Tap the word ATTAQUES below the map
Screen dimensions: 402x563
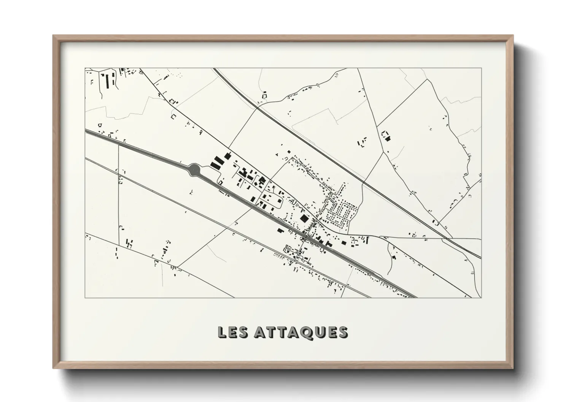click(x=300, y=332)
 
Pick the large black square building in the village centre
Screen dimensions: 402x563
click(x=304, y=218)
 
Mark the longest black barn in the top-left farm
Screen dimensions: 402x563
click(x=107, y=81)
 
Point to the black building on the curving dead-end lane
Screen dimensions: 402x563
click(x=394, y=258)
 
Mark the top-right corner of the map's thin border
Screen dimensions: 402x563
click(x=481, y=68)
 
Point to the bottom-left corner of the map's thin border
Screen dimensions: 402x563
click(x=85, y=297)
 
